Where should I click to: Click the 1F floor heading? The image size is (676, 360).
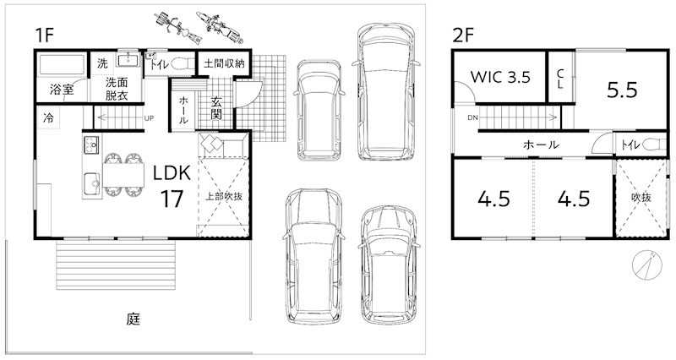pyautogui.click(x=45, y=35)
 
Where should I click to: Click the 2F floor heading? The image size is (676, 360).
pyautogui.click(x=463, y=35)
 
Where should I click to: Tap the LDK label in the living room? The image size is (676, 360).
pyautogui.click(x=172, y=173)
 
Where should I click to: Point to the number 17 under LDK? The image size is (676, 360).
pyautogui.click(x=172, y=199)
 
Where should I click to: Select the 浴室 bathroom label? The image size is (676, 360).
pyautogui.click(x=62, y=90)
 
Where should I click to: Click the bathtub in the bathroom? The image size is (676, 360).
pyautogui.click(x=60, y=65)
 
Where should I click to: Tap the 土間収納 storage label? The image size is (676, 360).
pyautogui.click(x=224, y=64)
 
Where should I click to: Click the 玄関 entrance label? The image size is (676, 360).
pyautogui.click(x=216, y=108)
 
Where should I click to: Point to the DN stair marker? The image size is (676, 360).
pyautogui.click(x=472, y=117)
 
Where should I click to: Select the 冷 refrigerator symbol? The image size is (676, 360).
pyautogui.click(x=48, y=117)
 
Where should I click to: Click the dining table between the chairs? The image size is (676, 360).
pyautogui.click(x=123, y=175)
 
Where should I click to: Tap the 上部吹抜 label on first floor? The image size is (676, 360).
pyautogui.click(x=223, y=197)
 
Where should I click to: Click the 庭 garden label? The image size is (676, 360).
pyautogui.click(x=134, y=319)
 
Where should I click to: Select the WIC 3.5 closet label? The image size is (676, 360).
pyautogui.click(x=500, y=77)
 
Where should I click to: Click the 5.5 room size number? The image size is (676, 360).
pyautogui.click(x=622, y=90)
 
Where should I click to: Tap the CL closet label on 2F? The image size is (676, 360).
pyautogui.click(x=560, y=79)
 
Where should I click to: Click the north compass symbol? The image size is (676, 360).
pyautogui.click(x=647, y=265)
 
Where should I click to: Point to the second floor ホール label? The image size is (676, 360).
pyautogui.click(x=541, y=145)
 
